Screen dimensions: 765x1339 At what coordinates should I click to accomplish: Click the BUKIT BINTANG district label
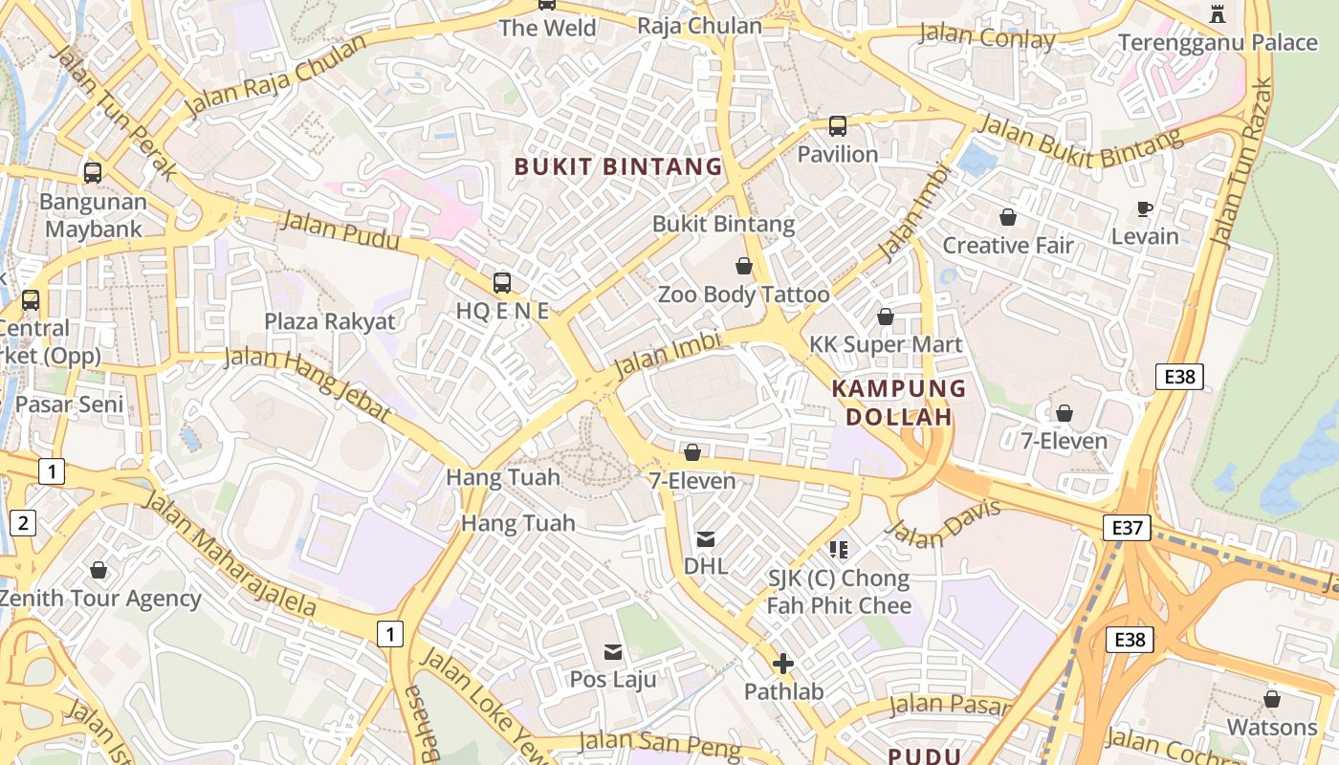click(x=618, y=166)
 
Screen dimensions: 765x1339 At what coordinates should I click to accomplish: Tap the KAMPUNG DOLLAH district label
click(x=898, y=403)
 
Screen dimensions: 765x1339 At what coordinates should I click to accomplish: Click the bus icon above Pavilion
click(x=837, y=126)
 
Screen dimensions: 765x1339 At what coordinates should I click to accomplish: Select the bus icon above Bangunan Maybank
click(x=93, y=173)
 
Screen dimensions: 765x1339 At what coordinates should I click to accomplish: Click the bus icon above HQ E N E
click(x=502, y=283)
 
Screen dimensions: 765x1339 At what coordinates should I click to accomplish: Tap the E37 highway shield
click(x=1126, y=527)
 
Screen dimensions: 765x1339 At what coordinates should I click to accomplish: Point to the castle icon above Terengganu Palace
click(x=1218, y=13)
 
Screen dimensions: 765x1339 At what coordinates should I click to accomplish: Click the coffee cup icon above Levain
click(x=1144, y=208)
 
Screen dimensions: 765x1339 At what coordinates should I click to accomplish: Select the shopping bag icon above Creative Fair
click(x=1007, y=218)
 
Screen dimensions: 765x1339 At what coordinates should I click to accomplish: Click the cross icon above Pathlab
click(x=783, y=664)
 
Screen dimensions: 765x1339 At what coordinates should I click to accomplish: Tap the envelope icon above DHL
click(x=706, y=539)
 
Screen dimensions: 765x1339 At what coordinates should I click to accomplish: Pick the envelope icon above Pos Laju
click(x=613, y=652)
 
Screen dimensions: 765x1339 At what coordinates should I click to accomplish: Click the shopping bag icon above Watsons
click(x=1271, y=700)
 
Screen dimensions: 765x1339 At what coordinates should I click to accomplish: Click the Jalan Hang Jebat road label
click(x=307, y=383)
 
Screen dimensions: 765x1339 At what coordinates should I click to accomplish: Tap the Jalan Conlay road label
click(x=986, y=37)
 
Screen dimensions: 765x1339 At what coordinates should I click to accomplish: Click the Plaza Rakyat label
click(x=329, y=321)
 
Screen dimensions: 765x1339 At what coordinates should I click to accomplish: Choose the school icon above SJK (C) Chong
click(x=839, y=550)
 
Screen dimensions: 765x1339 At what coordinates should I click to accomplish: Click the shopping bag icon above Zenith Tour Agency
click(x=99, y=571)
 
